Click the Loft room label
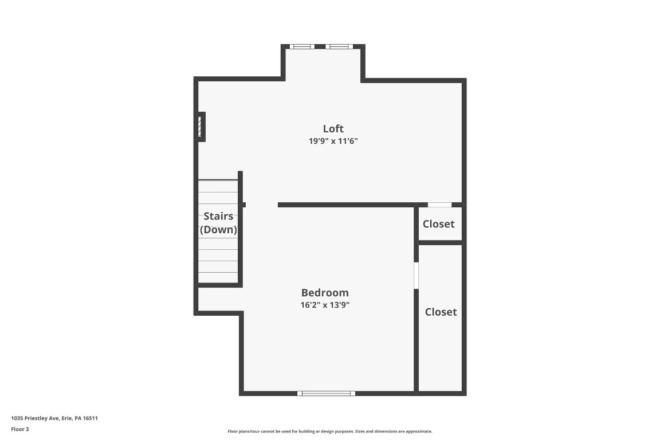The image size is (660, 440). coord(333,128)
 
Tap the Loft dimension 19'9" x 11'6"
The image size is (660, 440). coord(333,141)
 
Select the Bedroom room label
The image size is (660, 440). coord(325,293)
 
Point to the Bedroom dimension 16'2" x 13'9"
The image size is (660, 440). coord(325,305)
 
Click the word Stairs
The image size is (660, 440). coord(218,216)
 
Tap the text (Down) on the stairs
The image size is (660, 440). coord(218,230)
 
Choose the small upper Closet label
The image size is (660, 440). coord(438,224)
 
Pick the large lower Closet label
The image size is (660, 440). coord(441,312)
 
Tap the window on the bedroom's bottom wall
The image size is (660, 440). coord(326,393)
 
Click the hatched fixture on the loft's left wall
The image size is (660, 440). coord(200,127)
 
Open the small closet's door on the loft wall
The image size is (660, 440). coord(439,205)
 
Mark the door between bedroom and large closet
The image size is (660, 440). coord(416,276)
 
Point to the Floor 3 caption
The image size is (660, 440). coord(19,429)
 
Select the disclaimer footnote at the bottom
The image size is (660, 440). coord(329,431)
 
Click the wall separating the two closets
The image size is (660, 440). coord(440,242)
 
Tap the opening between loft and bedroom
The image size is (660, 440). coord(262,205)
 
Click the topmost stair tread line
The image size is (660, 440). coord(218,181)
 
